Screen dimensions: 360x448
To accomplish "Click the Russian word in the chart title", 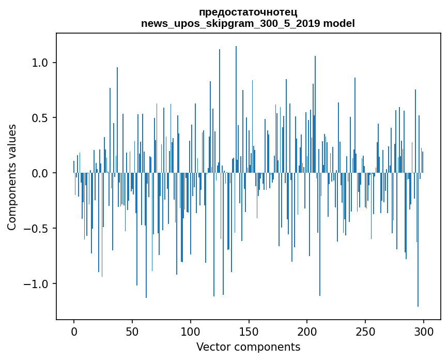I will (248, 12).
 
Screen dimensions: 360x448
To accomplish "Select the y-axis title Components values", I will (12, 177).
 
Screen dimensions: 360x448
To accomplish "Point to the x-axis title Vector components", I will (248, 347).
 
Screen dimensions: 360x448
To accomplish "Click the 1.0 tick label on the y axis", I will (40, 63).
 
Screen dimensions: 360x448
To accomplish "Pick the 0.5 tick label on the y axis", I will (40, 118).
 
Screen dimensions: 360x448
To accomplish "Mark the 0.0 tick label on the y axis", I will (40, 173).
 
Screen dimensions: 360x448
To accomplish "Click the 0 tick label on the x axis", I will (74, 331).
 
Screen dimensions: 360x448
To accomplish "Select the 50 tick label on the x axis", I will (132, 331).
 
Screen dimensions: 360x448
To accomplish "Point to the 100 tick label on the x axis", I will (191, 331).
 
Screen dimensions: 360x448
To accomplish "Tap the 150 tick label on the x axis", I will (249, 331).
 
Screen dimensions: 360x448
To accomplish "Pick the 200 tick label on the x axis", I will (307, 331).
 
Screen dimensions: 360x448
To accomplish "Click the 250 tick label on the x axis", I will (365, 331).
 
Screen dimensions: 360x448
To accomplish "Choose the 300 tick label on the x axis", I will (424, 331).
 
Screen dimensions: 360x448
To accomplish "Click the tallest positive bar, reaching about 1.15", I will (236, 103).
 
